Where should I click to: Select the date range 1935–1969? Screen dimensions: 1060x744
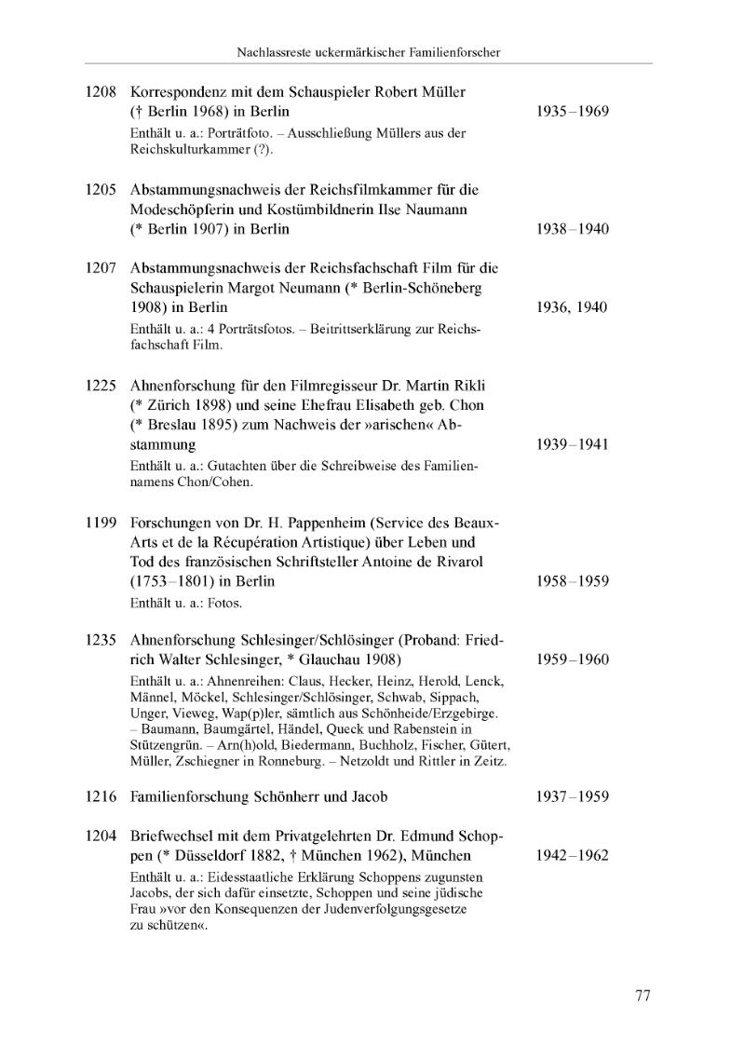(573, 112)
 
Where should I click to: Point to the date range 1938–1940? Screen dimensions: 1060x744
(573, 229)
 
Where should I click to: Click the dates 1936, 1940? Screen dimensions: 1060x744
(573, 307)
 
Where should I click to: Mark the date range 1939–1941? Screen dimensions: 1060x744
(573, 444)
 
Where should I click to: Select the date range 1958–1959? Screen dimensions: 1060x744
(573, 581)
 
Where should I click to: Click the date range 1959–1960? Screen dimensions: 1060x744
(573, 659)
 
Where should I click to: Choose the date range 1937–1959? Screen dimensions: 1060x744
(573, 796)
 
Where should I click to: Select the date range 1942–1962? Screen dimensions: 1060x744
(573, 855)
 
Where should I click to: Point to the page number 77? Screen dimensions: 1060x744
(643, 995)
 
